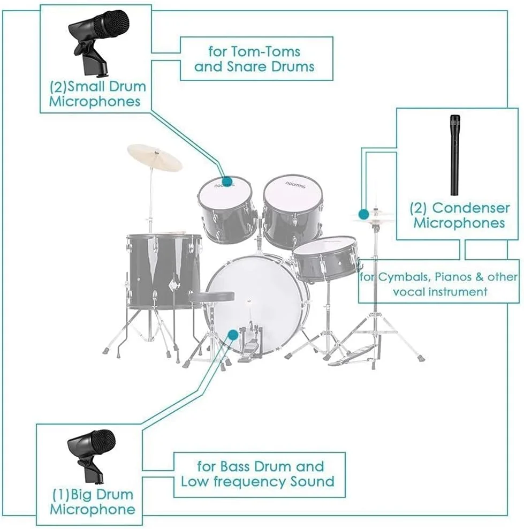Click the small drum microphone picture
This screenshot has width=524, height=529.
[98, 43]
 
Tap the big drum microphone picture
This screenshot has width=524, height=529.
[92, 457]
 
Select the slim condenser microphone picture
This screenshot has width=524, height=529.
[455, 155]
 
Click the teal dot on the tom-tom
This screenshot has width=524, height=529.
[227, 181]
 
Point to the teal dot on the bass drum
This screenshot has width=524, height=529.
[233, 335]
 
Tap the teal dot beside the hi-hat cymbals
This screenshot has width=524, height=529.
[363, 214]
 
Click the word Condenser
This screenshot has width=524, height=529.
[471, 208]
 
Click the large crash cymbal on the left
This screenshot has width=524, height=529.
[155, 157]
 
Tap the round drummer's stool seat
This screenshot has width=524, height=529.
[212, 297]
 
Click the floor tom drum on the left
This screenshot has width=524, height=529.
[164, 271]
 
